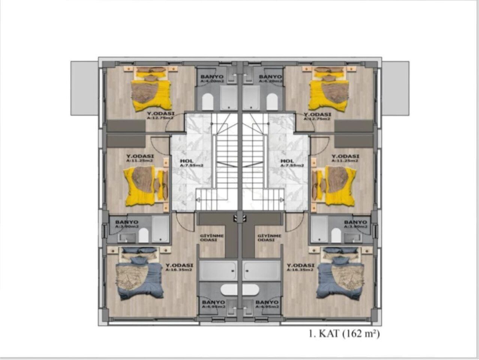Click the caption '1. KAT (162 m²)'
[x=344, y=333]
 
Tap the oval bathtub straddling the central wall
[x=240, y=290]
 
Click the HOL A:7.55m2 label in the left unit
[x=191, y=163]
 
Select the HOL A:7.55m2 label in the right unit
[x=292, y=163]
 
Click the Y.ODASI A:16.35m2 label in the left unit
[x=179, y=267]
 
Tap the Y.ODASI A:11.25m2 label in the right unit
[x=345, y=158]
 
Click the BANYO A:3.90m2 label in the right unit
[x=356, y=224]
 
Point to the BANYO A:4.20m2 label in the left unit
[x=212, y=79]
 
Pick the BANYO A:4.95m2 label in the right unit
[x=267, y=304]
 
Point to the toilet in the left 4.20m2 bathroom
[x=207, y=102]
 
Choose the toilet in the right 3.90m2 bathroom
[x=336, y=235]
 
